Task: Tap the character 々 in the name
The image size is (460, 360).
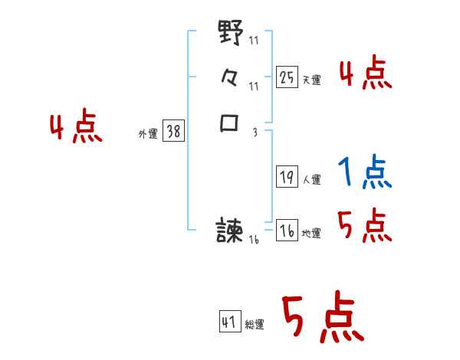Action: [230, 77]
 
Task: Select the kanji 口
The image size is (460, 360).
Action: [230, 123]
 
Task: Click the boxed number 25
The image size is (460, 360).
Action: [287, 77]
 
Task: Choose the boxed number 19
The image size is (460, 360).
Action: [287, 177]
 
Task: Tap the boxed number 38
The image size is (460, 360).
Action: [173, 132]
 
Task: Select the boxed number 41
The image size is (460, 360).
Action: [229, 322]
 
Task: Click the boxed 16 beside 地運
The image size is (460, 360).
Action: [287, 231]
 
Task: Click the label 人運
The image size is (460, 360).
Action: [312, 181]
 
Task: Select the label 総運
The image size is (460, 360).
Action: [255, 325]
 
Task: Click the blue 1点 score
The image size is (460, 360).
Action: [364, 173]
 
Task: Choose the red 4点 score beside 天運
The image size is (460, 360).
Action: [365, 74]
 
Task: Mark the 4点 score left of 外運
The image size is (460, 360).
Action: [76, 128]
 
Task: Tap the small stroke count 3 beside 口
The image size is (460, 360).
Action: [255, 132]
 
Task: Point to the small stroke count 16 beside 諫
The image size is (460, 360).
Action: [254, 240]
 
